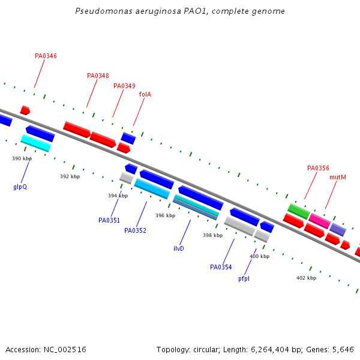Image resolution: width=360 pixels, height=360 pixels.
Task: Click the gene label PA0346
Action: tap(46, 56)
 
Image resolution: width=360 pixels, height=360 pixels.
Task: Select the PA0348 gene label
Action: tap(98, 76)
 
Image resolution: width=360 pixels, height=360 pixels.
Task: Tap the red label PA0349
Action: tap(124, 86)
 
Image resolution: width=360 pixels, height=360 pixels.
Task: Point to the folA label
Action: tap(145, 94)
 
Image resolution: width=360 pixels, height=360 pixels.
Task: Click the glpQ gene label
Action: tap(20, 187)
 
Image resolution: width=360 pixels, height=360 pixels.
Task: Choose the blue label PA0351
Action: tap(109, 220)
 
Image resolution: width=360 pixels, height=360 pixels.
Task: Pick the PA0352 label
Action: tap(135, 230)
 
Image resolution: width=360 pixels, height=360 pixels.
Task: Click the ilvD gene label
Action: tap(179, 248)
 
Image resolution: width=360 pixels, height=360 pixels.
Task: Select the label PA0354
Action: tap(221, 267)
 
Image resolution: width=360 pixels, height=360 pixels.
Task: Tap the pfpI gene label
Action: tap(244, 278)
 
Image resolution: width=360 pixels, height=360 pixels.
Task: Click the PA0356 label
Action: tap(318, 168)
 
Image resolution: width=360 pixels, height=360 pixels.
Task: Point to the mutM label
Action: tap(338, 177)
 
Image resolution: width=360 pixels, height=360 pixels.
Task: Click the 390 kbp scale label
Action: tap(22, 158)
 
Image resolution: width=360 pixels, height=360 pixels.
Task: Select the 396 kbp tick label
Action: tap(165, 215)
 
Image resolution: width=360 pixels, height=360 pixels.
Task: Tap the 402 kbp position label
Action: tap(306, 278)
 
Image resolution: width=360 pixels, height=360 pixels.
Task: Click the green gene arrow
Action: tap(298, 211)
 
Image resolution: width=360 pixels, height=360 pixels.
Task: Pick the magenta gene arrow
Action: tap(320, 221)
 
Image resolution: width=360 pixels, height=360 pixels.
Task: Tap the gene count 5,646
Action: tap(343, 349)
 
